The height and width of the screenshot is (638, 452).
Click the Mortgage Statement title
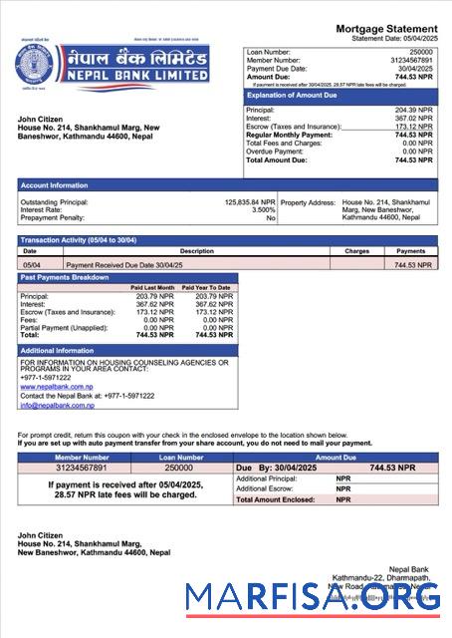[x=386, y=29]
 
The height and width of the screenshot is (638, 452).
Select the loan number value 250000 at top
[x=421, y=51]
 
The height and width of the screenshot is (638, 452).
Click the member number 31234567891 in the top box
[x=412, y=60]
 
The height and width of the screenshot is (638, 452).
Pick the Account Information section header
[x=55, y=184]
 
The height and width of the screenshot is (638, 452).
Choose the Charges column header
[x=357, y=251]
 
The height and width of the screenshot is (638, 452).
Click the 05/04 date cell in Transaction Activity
[x=31, y=265]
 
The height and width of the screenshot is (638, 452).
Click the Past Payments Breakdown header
[x=66, y=277]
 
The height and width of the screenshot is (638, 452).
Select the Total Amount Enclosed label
[x=276, y=498]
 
